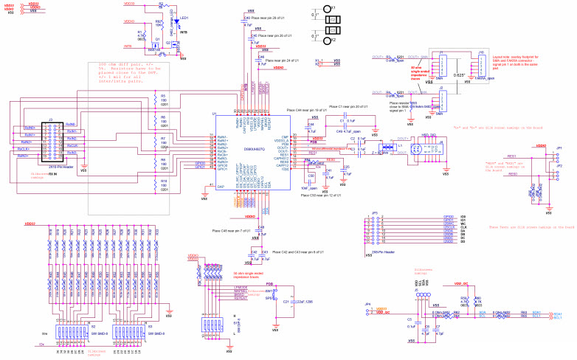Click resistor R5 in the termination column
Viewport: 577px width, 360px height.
coord(155,100)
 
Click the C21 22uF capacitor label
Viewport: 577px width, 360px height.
coord(293,301)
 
